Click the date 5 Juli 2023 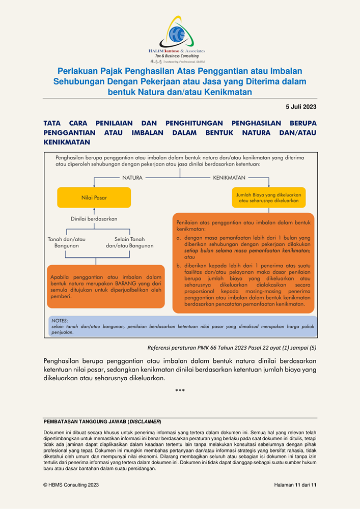click(301, 106)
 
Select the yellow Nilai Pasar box click(94, 197)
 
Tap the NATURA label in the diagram click(132, 178)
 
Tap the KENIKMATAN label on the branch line click(229, 178)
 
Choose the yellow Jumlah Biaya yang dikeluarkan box click(268, 197)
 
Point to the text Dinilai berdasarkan click(94, 219)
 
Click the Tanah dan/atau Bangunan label click(67, 242)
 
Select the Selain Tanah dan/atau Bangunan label click(129, 242)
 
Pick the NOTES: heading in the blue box click(60, 321)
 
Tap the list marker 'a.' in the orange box click(179, 238)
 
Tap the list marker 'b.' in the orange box click(179, 265)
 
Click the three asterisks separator click(180, 391)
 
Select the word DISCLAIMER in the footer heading click(145, 422)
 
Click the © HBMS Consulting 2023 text click(71, 485)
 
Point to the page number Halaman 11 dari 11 click(295, 485)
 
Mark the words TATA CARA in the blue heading click(67, 123)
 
